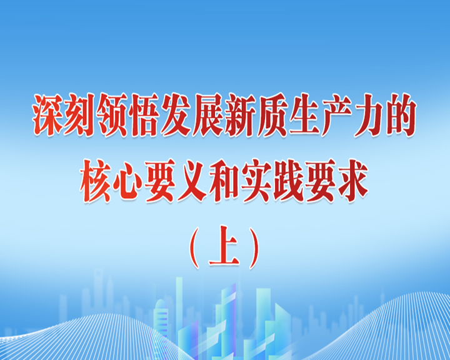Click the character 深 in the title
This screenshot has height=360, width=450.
47,115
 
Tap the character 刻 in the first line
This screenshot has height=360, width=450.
80,115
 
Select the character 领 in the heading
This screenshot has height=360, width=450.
112,115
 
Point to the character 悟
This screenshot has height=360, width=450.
144,115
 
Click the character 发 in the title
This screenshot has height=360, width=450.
176,115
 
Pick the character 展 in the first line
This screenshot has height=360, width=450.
208,115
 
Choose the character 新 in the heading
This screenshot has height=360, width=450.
241,115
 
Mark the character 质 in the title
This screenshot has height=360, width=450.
272,115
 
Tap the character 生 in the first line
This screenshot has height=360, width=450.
305,115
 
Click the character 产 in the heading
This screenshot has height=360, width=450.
337,115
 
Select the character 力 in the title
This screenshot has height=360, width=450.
369,115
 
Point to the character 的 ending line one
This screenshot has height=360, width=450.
401,115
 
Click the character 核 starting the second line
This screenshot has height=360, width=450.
96,181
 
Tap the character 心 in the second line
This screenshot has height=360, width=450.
128,181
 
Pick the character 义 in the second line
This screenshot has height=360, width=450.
192,181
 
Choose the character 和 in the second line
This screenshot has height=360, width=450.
224,181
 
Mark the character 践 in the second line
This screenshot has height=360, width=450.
289,181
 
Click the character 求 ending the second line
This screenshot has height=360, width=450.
353,181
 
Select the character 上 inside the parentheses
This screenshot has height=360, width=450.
224,246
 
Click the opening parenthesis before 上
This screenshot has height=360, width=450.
195,248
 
